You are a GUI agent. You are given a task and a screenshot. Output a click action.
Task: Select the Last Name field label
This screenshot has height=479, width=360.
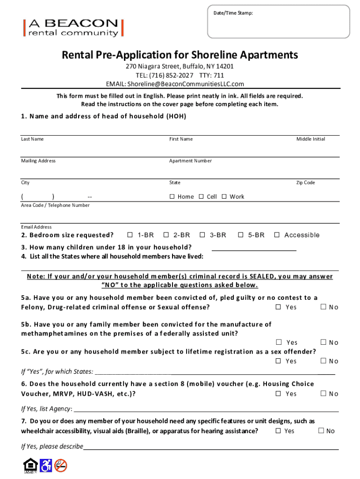(32, 139)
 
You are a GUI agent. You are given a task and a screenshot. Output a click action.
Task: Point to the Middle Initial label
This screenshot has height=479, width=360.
(310, 139)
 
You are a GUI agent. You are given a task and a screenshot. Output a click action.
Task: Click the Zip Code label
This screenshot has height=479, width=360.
(305, 182)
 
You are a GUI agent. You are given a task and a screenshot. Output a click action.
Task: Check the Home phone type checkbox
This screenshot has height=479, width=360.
(172, 196)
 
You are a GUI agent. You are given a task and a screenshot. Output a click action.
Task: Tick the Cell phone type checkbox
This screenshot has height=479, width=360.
(201, 196)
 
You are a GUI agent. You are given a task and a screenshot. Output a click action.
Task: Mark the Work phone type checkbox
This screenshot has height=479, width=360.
(224, 196)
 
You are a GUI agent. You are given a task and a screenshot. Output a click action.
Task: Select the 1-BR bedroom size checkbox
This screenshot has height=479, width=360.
(130, 235)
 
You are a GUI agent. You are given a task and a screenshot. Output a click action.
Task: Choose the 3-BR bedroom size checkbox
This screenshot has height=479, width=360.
(202, 235)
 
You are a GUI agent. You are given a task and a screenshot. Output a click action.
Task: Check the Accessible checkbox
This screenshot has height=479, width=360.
(277, 235)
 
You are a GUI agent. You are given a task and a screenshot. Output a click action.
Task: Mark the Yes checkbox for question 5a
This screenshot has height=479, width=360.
(278, 307)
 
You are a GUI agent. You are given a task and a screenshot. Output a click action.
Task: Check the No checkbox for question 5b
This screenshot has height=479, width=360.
(322, 342)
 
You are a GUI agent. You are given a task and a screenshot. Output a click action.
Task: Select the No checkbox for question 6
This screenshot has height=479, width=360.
(322, 394)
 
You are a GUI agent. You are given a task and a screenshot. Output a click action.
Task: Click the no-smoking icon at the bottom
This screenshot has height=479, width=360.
(61, 465)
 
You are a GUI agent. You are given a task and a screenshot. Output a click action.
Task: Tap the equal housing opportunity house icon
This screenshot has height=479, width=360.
(29, 465)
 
